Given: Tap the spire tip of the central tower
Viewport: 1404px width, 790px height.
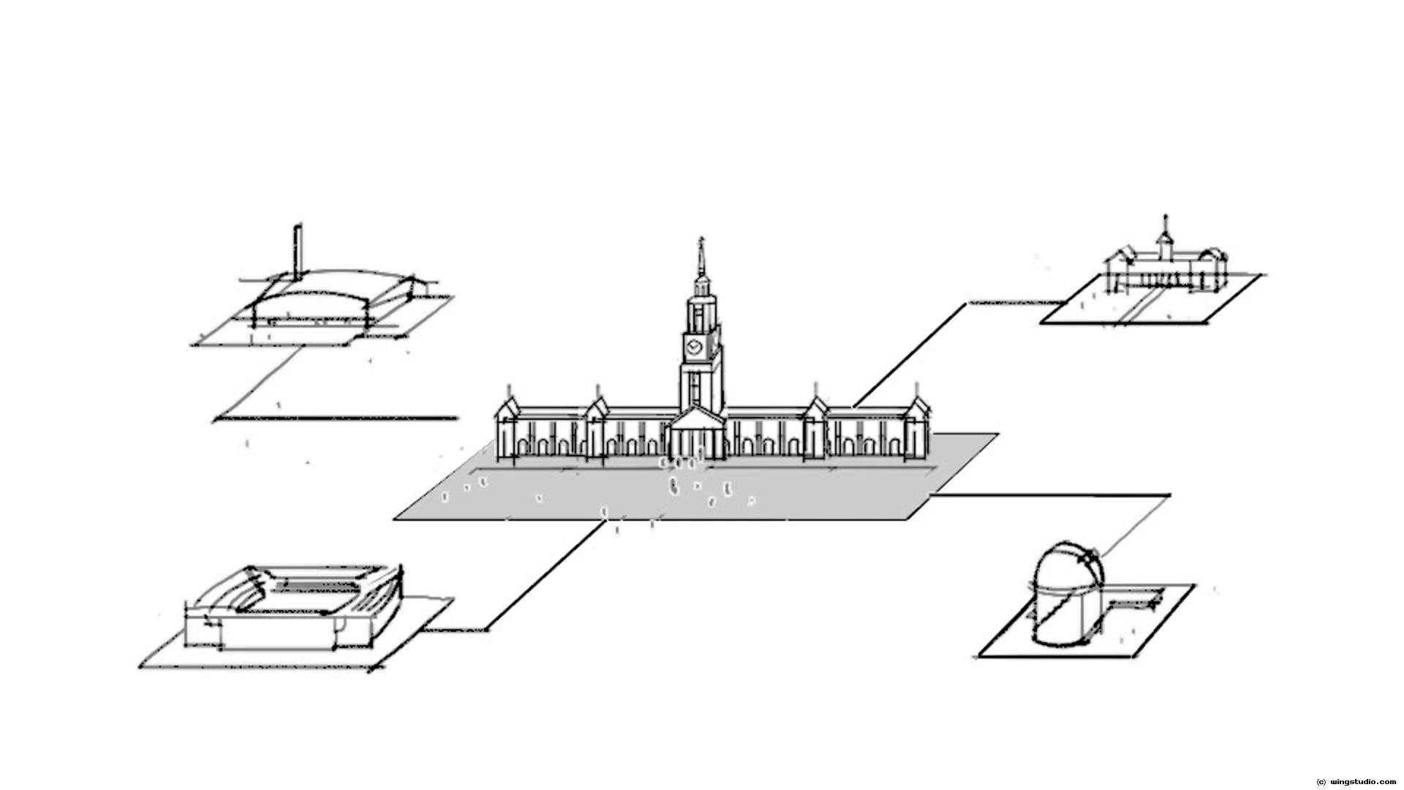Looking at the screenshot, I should click(x=702, y=240).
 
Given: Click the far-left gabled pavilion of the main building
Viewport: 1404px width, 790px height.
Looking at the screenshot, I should click(x=507, y=432).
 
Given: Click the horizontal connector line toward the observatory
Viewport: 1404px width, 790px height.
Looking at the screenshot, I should click(x=1049, y=495).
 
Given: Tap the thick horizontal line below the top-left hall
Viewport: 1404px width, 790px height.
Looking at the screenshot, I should click(x=336, y=418).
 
